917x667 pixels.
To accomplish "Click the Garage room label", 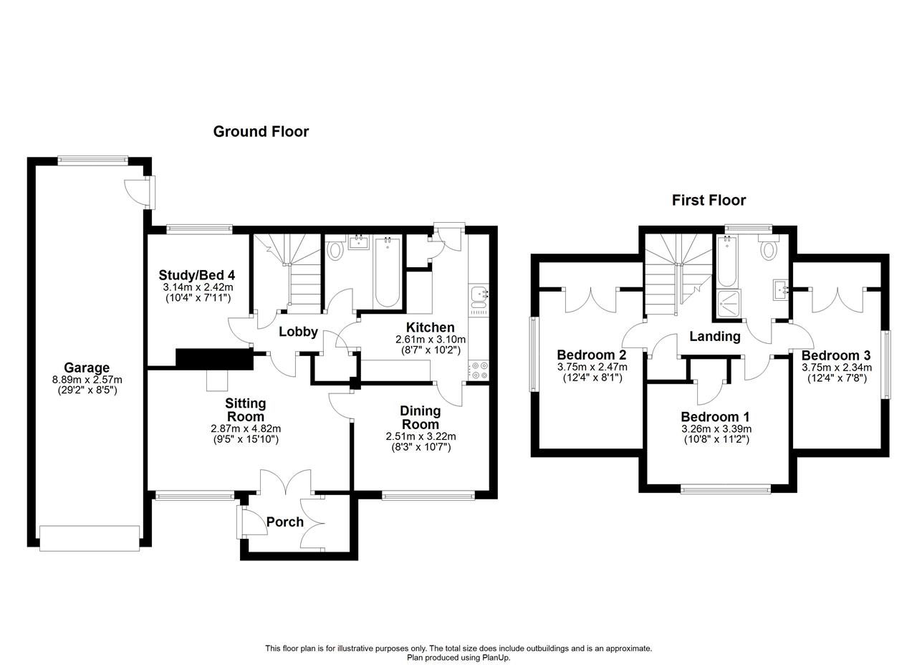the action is (x=87, y=368).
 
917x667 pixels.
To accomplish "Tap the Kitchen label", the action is (x=431, y=327).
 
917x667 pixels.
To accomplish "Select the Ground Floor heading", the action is (x=261, y=131).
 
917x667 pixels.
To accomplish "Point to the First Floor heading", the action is (x=709, y=200).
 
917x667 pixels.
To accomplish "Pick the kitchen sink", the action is (x=479, y=297).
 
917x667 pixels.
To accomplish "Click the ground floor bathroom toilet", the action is (x=335, y=250).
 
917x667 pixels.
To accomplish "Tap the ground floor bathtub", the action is (x=388, y=272).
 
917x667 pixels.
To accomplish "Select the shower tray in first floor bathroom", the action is (x=729, y=304).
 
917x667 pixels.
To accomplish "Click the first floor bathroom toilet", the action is (x=769, y=247).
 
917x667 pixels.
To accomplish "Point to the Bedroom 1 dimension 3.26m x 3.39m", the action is (x=716, y=429).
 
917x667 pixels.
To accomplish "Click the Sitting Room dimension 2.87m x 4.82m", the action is (x=246, y=428).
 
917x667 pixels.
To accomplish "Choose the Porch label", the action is (x=285, y=522).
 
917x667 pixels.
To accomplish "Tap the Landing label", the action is (x=715, y=336).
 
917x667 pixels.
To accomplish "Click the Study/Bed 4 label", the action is (x=196, y=274).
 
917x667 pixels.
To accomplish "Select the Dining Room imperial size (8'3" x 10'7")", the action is (x=421, y=447).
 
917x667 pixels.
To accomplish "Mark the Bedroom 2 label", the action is (x=592, y=354).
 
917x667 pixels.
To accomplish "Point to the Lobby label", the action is (x=299, y=332).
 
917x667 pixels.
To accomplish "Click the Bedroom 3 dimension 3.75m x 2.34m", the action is (x=837, y=368).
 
